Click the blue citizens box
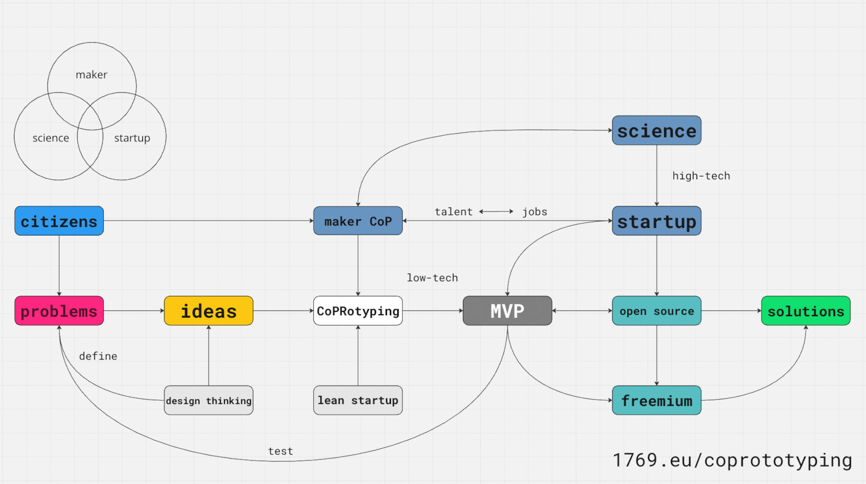click(59, 221)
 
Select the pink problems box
click(59, 311)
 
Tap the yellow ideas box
click(208, 311)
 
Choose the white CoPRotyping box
click(358, 311)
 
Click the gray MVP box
click(507, 311)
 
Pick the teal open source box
click(657, 311)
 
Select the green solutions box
click(805, 311)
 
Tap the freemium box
click(657, 401)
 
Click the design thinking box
click(208, 401)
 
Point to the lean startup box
click(358, 401)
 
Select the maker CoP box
click(358, 221)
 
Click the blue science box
click(657, 130)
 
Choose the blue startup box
click(657, 221)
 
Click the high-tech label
click(701, 176)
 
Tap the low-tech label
click(432, 278)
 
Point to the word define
click(98, 356)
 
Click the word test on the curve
click(280, 451)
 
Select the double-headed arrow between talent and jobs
click(496, 212)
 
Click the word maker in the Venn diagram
click(91, 75)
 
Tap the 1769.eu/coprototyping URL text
click(732, 460)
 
